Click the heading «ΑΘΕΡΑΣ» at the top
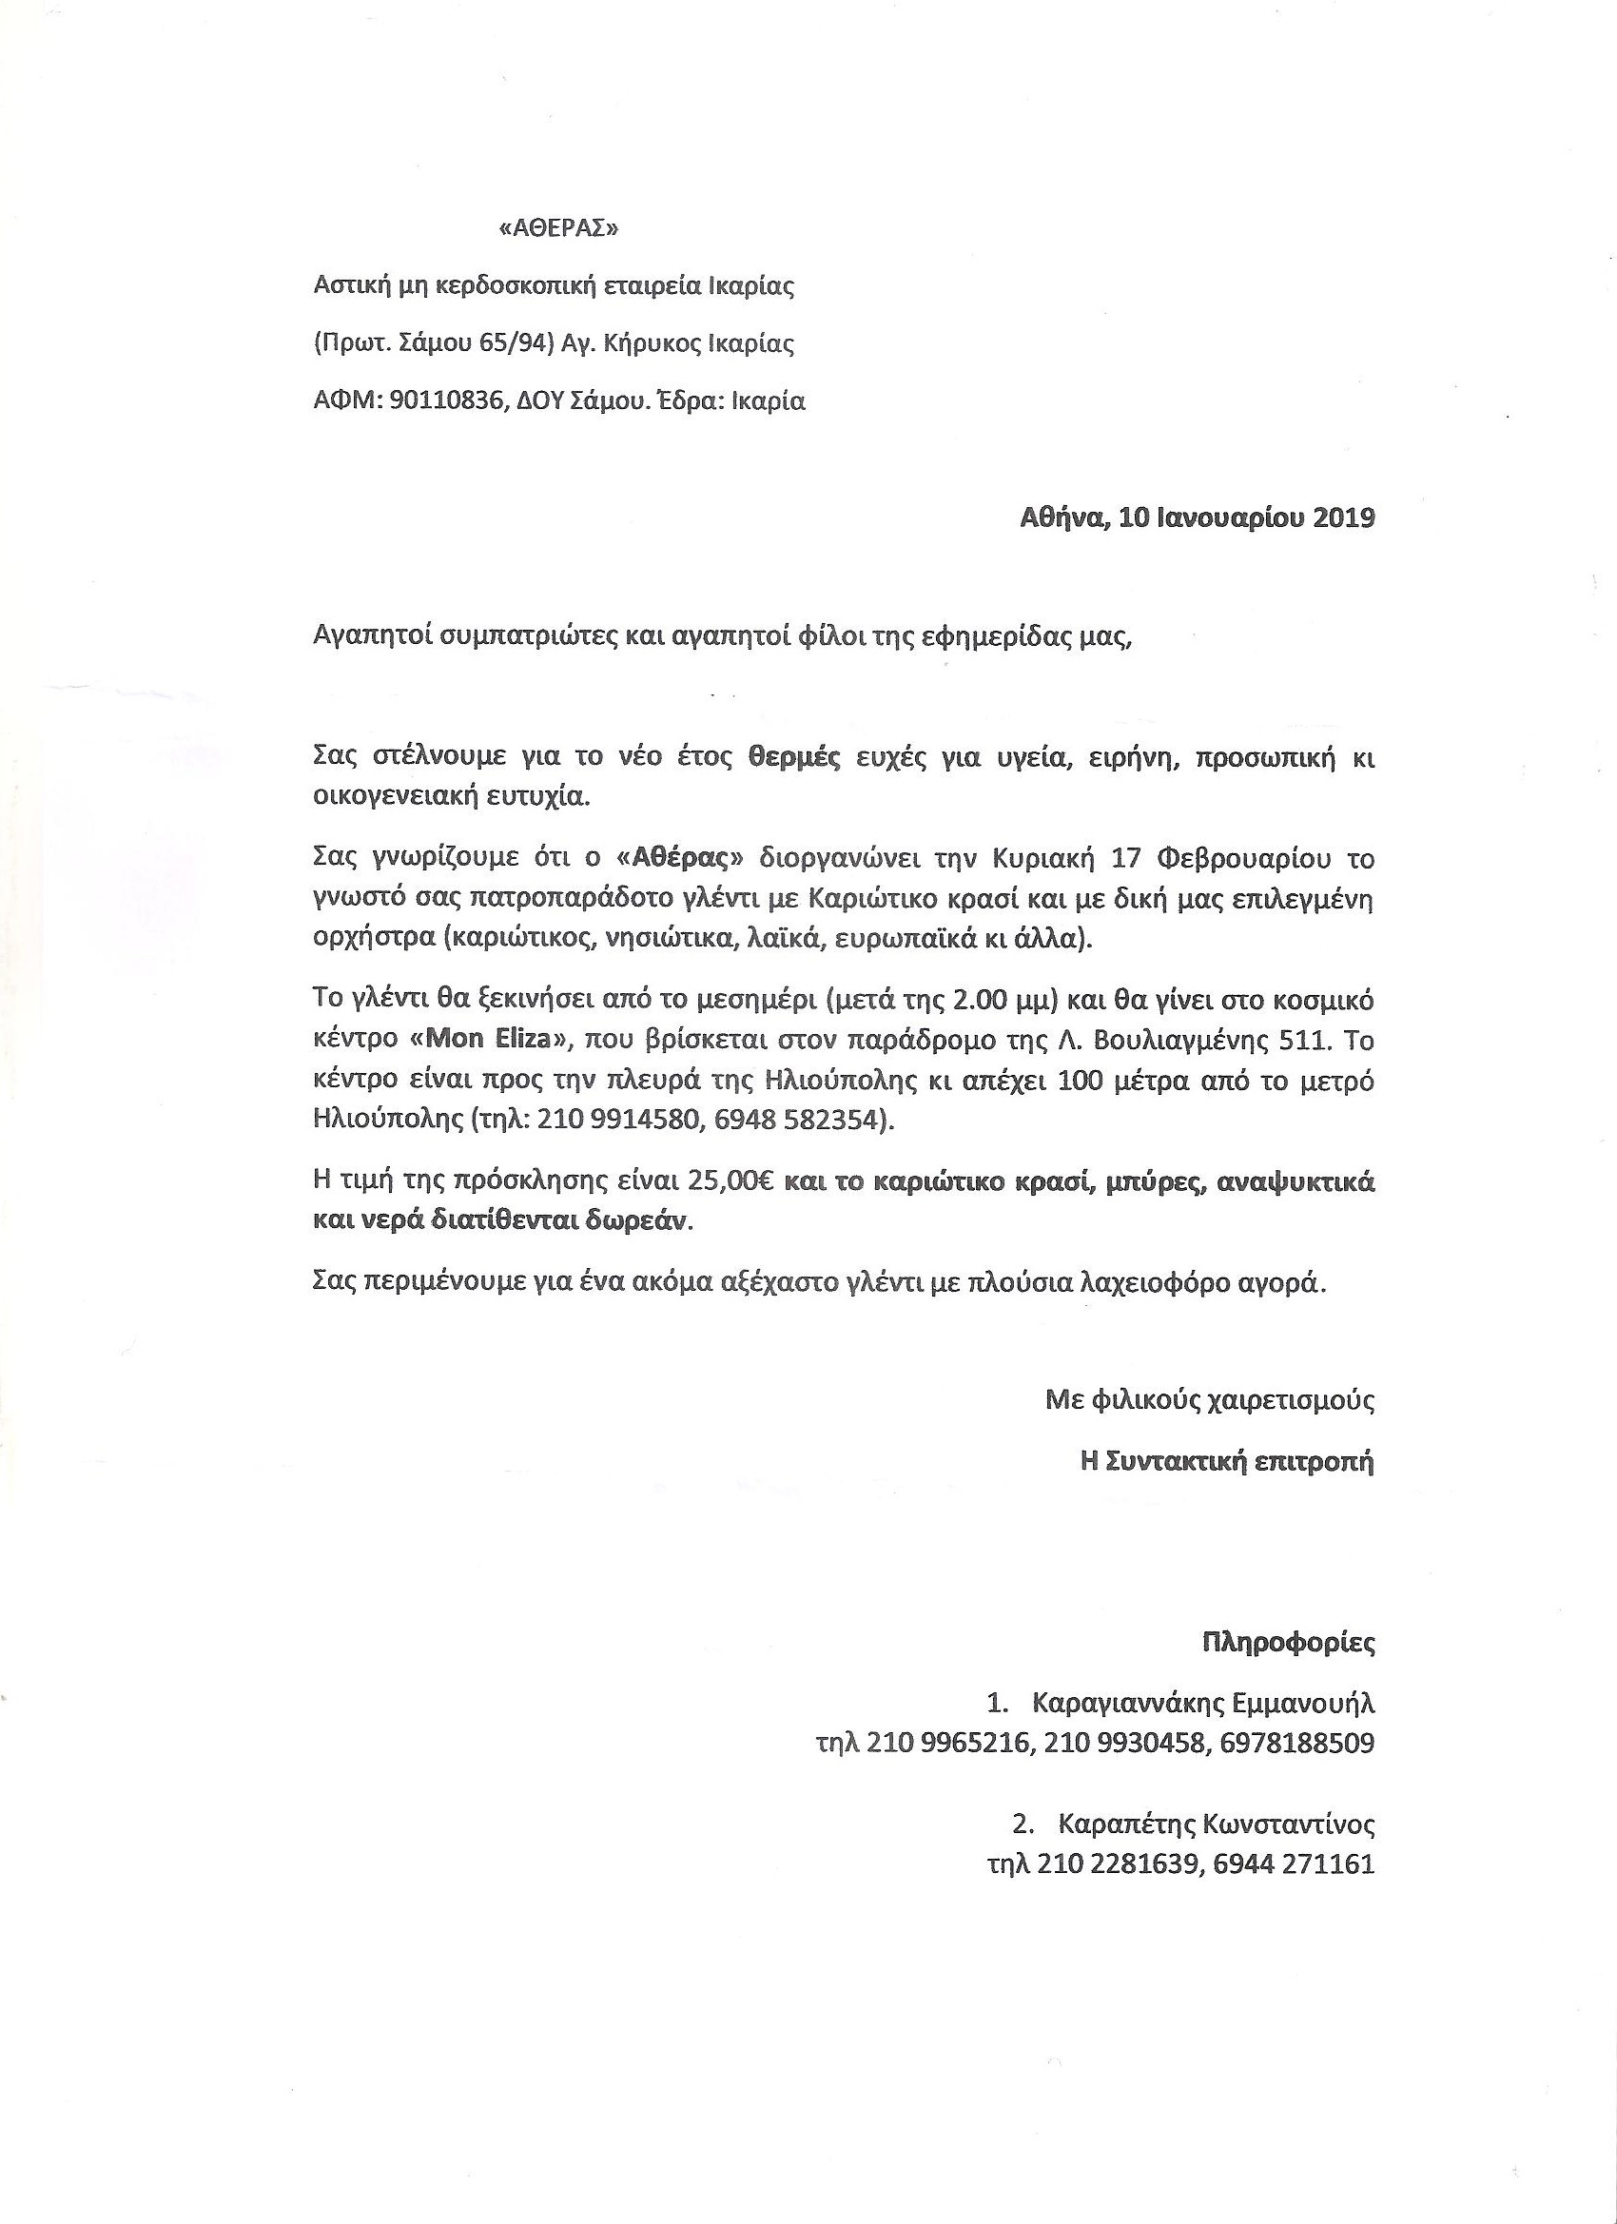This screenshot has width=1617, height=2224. (560, 228)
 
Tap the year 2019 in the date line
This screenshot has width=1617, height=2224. (1342, 517)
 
